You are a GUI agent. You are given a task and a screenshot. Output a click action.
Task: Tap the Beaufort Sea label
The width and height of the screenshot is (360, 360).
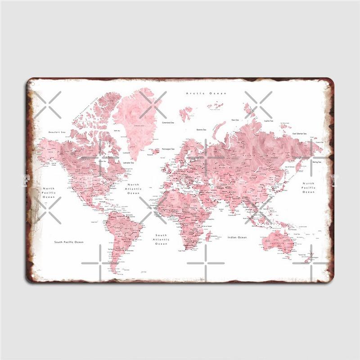click(x=57, y=132)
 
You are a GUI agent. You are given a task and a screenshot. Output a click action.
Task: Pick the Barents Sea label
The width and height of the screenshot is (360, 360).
click(x=201, y=129)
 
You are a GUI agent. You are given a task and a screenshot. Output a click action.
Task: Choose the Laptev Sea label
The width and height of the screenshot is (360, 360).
click(x=269, y=121)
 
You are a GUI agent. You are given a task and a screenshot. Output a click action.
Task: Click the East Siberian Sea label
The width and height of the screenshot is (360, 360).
click(x=299, y=133)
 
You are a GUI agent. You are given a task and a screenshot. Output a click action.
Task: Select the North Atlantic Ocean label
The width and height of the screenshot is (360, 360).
click(x=134, y=189)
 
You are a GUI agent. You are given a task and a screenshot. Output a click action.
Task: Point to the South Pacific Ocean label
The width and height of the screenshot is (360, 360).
click(x=69, y=242)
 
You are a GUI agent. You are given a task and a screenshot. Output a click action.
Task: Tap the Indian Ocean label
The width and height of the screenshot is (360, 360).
click(x=237, y=237)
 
